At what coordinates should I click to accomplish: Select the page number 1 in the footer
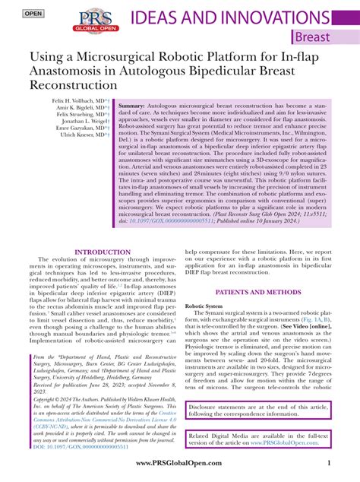(327, 464)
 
